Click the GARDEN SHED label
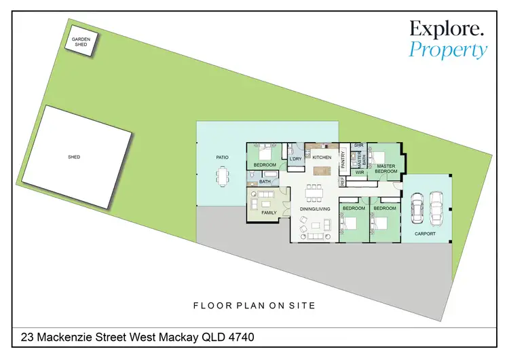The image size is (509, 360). [x=81, y=42]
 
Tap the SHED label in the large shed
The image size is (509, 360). [x=74, y=157]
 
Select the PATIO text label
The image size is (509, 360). [x=222, y=157]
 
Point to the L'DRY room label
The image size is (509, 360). [x=295, y=159]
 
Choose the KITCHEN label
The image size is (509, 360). [x=322, y=158]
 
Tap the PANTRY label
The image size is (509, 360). [x=343, y=160]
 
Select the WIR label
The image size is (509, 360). [x=360, y=173]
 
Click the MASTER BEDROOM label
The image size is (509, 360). [x=386, y=168]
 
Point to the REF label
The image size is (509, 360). [x=343, y=181]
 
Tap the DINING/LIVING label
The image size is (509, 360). [x=315, y=209]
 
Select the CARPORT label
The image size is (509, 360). [x=426, y=234]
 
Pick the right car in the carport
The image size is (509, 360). [x=436, y=206]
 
